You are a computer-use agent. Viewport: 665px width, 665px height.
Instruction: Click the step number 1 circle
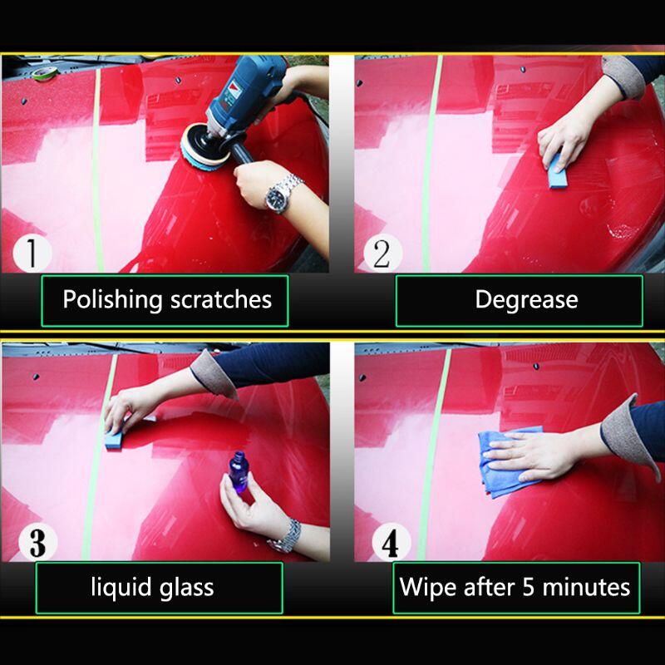pos(32,254)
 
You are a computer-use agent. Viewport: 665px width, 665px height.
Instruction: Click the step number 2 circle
pos(382,254)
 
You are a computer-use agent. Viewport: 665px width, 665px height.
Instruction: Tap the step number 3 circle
pos(37,543)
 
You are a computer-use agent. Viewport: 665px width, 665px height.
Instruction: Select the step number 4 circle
pos(391,543)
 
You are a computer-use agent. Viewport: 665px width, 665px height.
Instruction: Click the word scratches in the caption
pos(221,299)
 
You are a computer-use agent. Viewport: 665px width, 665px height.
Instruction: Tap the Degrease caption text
pos(526,300)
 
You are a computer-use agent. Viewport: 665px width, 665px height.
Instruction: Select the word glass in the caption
pos(186,588)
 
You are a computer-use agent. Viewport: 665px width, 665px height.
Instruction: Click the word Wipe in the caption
pos(428,587)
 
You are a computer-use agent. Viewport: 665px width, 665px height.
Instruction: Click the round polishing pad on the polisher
pos(204,147)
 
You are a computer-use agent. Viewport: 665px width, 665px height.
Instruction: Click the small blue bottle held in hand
pos(239,472)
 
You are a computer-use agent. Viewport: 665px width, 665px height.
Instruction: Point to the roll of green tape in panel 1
pos(45,74)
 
